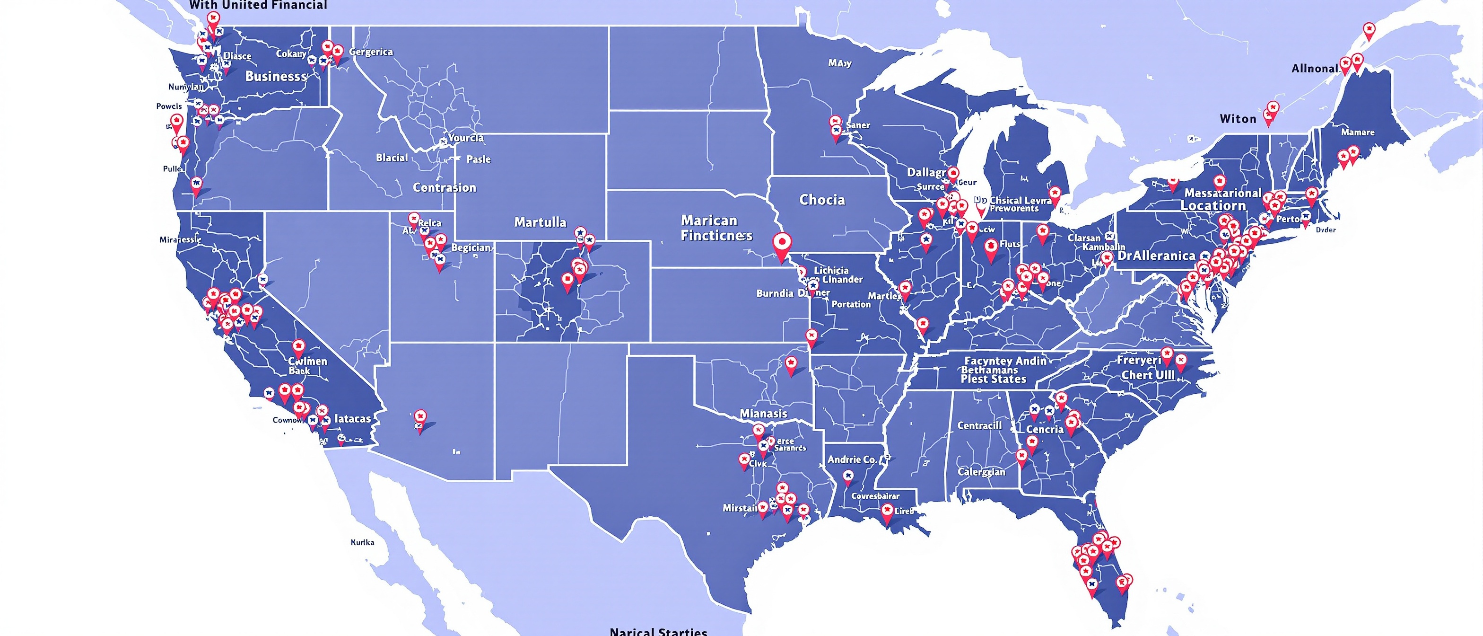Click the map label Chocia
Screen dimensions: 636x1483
pos(822,200)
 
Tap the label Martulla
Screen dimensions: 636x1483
pos(540,222)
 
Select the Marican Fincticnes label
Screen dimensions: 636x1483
pos(716,228)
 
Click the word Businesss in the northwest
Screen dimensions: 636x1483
pos(276,76)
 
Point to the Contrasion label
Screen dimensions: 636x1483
pos(445,188)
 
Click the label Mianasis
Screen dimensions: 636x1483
pos(763,414)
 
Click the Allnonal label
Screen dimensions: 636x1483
pos(1315,69)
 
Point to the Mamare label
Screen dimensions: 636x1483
pos(1358,132)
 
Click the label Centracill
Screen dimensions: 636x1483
pos(979,426)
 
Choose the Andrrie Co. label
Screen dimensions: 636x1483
pos(852,459)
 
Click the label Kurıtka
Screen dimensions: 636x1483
pos(362,542)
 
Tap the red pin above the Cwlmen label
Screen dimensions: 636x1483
pos(298,347)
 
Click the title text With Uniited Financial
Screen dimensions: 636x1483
pos(258,5)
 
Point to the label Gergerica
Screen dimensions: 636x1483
pos(371,52)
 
